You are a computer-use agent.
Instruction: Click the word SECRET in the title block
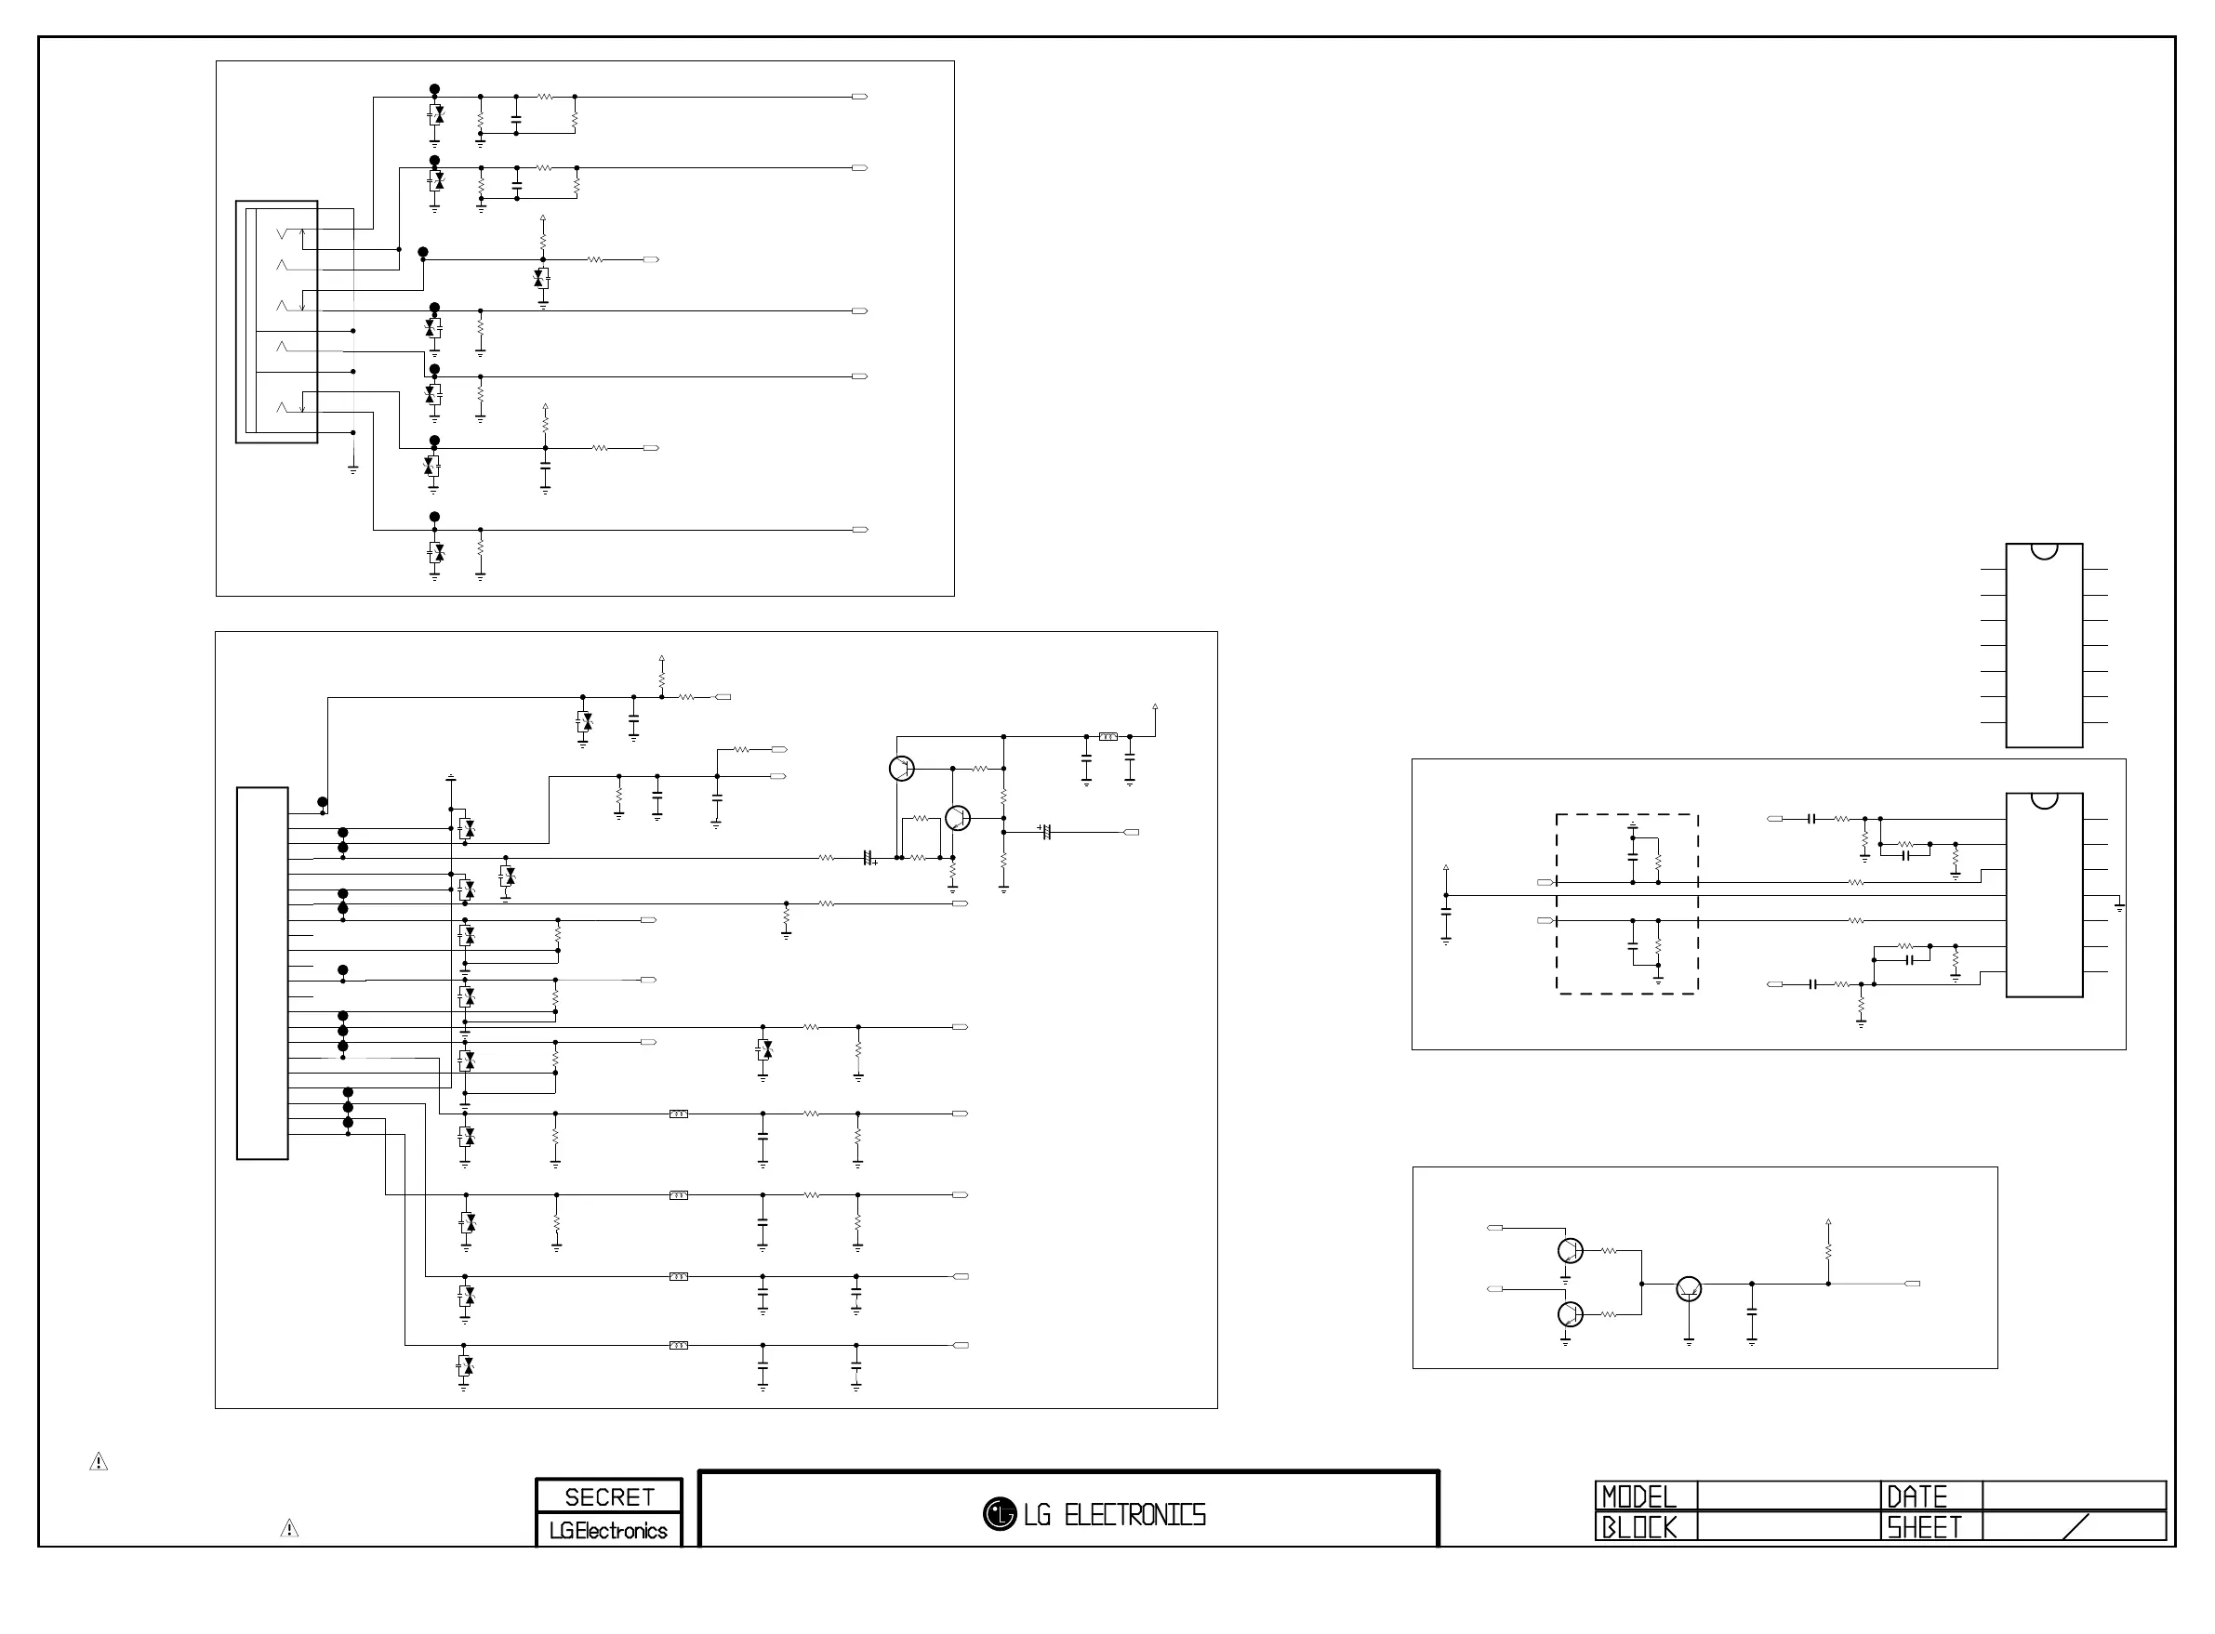click(x=609, y=1496)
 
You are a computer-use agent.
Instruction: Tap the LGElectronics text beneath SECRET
click(x=608, y=1530)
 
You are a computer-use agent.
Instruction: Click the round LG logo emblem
click(x=1000, y=1513)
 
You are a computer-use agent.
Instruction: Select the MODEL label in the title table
click(x=1639, y=1496)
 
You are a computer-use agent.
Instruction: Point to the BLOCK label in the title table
click(x=1639, y=1527)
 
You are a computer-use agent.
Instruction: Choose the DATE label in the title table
click(x=1917, y=1496)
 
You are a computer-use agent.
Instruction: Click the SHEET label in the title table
click(x=1923, y=1527)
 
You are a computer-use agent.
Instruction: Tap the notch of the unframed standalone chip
click(x=2044, y=551)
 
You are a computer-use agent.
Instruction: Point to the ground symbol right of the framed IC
click(x=2119, y=907)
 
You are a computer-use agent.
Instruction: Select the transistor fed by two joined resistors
click(x=1689, y=1289)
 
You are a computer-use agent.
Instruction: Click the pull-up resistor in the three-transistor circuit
click(x=1828, y=1251)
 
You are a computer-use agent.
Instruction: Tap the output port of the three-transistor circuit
click(x=1912, y=1284)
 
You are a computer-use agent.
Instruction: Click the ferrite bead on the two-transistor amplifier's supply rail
click(x=1108, y=736)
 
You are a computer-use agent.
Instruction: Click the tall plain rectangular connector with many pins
click(x=262, y=972)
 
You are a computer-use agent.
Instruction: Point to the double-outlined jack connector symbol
click(x=276, y=322)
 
